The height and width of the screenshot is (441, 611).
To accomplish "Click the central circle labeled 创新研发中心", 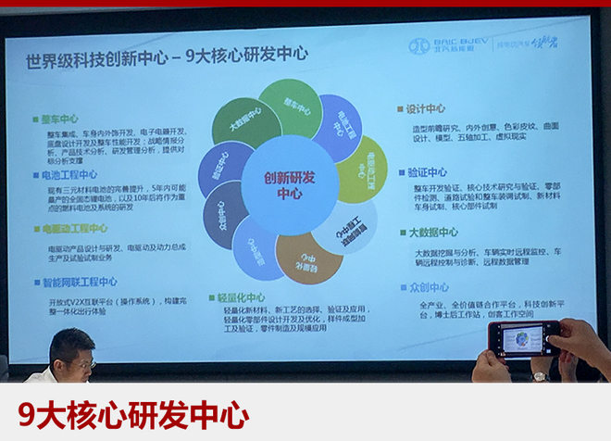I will tap(289, 185).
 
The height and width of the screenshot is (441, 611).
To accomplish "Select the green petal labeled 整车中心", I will tap(291, 107).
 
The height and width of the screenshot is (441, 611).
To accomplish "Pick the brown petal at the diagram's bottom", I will tap(308, 258).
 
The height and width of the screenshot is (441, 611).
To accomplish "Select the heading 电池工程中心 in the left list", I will tap(69, 174).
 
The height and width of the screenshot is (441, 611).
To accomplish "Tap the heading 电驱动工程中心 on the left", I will tap(74, 229).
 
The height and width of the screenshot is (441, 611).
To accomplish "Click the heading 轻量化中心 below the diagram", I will tap(243, 297).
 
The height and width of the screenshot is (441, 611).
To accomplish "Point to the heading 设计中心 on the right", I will tap(426, 108).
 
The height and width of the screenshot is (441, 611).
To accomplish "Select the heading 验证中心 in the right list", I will tap(426, 172).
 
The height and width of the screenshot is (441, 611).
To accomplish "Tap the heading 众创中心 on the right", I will tap(426, 289).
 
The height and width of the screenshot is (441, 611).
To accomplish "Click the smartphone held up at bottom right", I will tap(524, 340).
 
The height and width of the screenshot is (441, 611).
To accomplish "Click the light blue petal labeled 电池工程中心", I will tap(334, 127).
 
